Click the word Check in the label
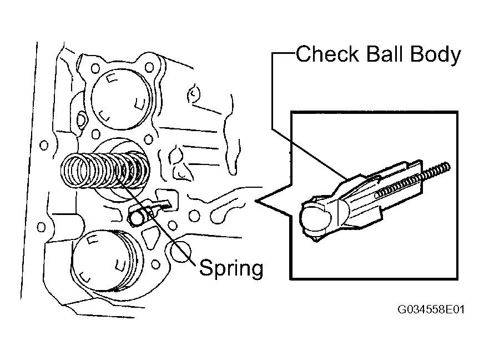pyautogui.click(x=327, y=54)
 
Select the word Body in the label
pyautogui.click(x=436, y=55)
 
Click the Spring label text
pyautogui.click(x=231, y=268)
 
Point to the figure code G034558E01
pyautogui.click(x=431, y=309)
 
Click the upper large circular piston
pyautogui.click(x=122, y=99)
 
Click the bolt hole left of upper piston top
pyautogui.click(x=95, y=68)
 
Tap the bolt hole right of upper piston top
pyautogui.click(x=149, y=67)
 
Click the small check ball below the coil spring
pyautogui.click(x=136, y=218)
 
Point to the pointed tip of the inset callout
pyautogui.click(x=255, y=201)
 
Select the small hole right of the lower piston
pyautogui.click(x=156, y=264)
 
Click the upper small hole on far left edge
pyautogui.click(x=44, y=145)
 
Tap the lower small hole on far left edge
pyautogui.click(x=41, y=227)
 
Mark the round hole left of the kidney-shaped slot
pyautogui.click(x=194, y=216)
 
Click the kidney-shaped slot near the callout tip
pyautogui.click(x=224, y=213)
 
